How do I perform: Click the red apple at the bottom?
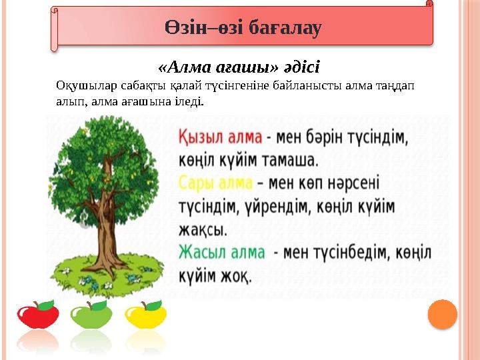coord(37,315)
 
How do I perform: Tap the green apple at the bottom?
coord(91,315)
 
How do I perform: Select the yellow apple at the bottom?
coord(145,315)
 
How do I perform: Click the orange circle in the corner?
coord(442,314)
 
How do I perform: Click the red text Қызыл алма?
coord(219,137)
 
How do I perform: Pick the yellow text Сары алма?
coord(215,182)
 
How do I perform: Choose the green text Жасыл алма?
coord(221,253)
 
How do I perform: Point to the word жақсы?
coord(203,230)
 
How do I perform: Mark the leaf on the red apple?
coord(47,305)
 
